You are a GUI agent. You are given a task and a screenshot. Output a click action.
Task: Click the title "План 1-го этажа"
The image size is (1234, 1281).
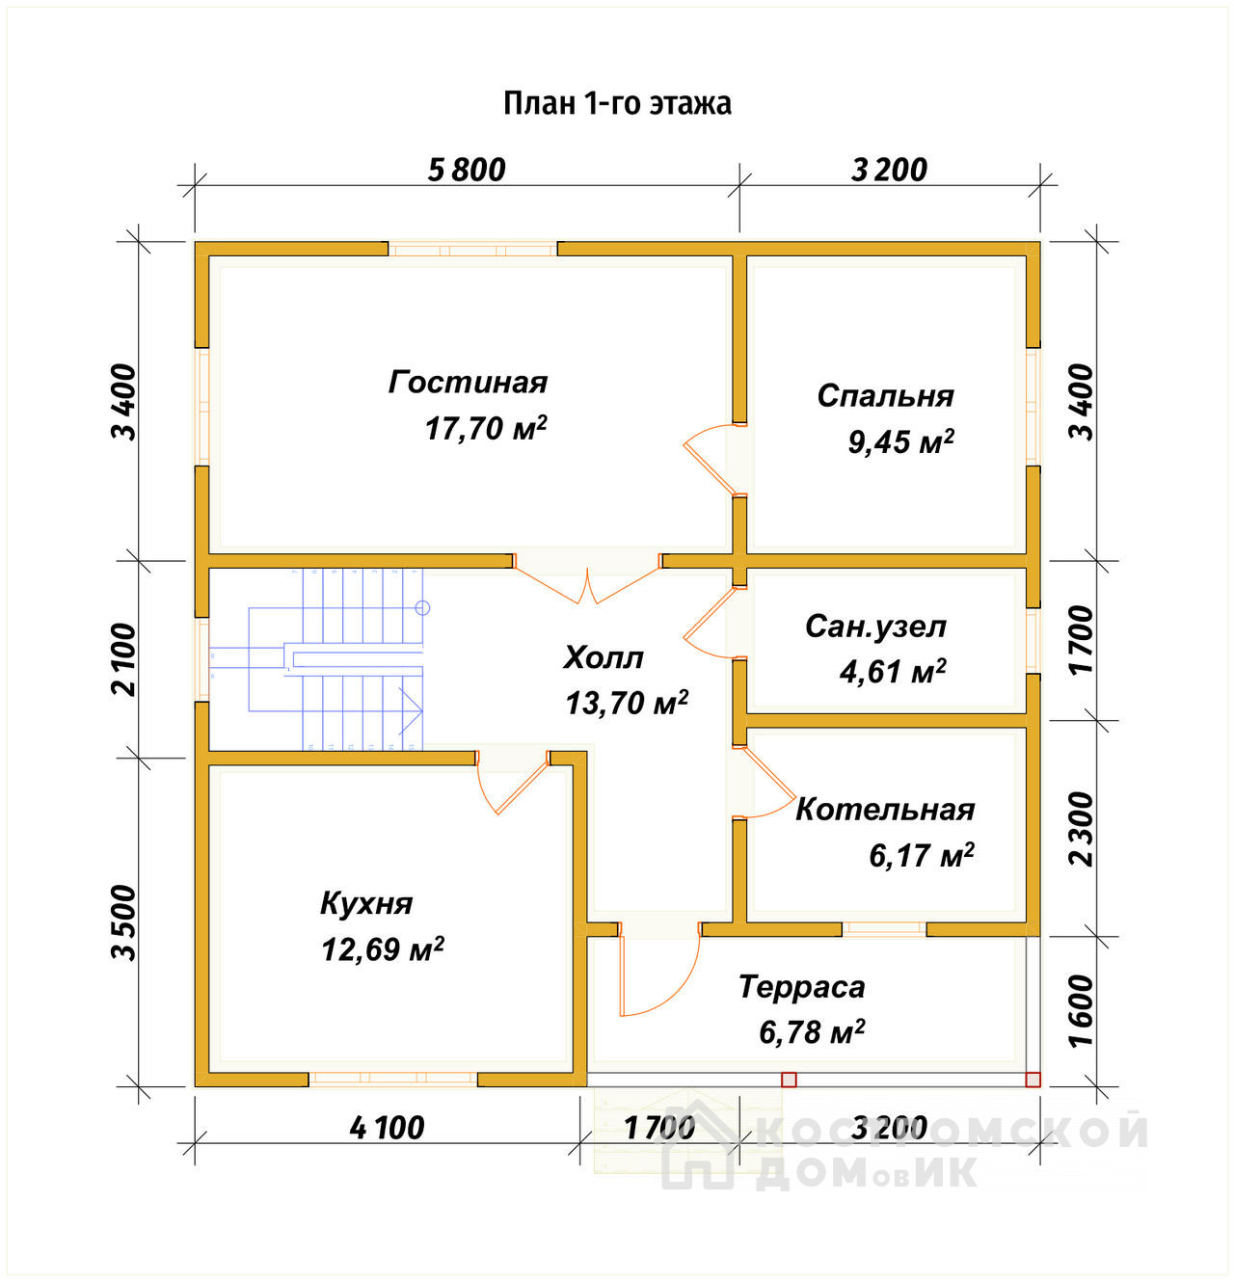617,104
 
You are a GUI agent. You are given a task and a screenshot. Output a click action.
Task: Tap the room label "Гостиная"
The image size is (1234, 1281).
468,383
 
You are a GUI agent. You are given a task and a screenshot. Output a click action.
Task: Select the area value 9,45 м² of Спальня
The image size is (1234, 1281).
900,441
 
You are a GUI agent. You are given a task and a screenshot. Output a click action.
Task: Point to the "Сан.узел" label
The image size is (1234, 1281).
875,627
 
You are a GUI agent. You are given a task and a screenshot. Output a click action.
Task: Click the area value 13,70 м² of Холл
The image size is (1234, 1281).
627,703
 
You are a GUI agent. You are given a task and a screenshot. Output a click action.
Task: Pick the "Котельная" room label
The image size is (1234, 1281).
885,810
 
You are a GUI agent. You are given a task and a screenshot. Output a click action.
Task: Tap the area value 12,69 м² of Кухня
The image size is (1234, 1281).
383,948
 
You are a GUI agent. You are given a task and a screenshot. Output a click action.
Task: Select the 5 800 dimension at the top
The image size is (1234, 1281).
467,171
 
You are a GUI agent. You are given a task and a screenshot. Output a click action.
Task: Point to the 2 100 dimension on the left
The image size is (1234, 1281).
124,659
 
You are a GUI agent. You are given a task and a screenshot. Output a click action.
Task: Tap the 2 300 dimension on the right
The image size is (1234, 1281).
1082,829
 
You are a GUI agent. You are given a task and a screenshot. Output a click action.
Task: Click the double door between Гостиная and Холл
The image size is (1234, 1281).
587,581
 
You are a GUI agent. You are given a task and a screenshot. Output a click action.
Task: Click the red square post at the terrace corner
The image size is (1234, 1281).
1033,1080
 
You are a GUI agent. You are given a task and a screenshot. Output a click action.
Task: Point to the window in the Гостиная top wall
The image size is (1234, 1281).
472,250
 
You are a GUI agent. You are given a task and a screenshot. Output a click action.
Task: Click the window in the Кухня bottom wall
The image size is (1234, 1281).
393,1080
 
